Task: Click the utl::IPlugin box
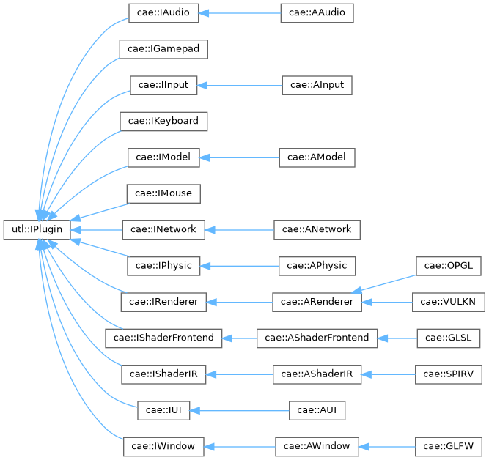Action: click(37, 229)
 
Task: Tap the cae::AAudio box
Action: click(317, 13)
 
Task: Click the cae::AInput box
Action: click(317, 85)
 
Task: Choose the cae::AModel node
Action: click(317, 157)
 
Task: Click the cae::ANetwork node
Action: click(317, 229)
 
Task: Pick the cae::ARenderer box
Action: click(317, 301)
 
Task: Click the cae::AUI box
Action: click(317, 409)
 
